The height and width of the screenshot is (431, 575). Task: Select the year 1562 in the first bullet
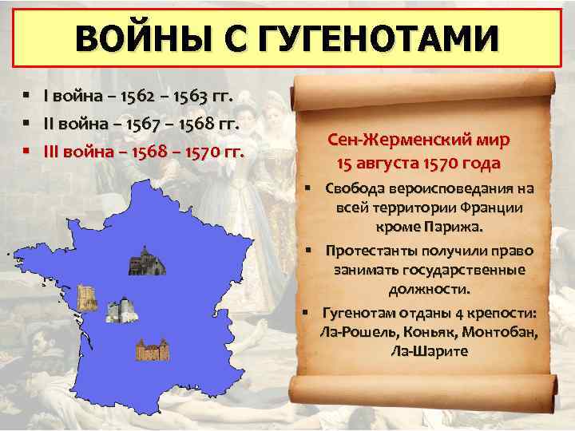[144, 97]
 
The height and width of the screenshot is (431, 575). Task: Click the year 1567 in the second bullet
[150, 125]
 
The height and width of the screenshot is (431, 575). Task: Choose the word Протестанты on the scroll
[371, 251]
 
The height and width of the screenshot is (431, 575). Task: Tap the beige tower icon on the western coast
[86, 298]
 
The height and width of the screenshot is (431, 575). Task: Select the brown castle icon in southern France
[151, 350]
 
